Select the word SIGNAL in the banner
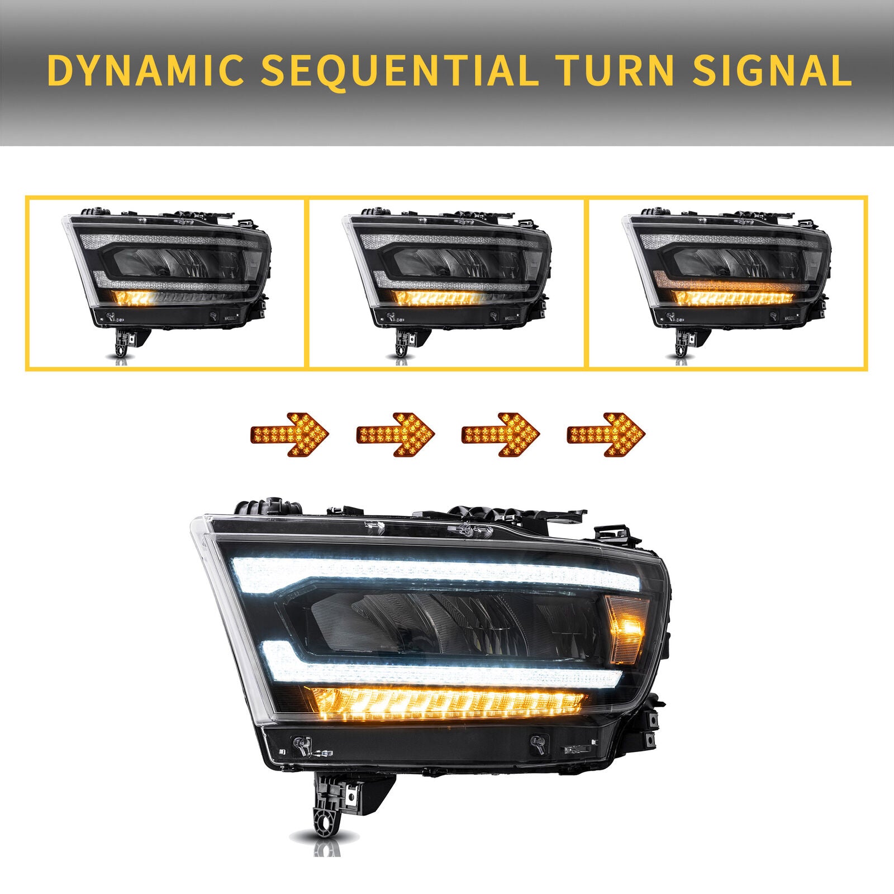pos(772,70)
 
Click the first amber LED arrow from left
pos(290,434)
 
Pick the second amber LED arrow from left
pos(396,434)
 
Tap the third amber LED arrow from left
pos(501,434)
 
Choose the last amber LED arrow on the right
pos(606,434)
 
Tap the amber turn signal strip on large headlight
pos(447,703)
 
